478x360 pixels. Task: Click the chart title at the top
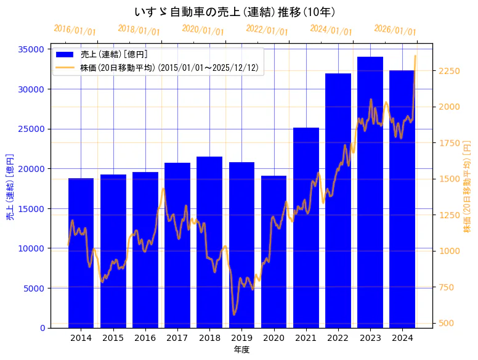coord(234,12)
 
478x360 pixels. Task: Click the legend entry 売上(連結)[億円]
coord(113,55)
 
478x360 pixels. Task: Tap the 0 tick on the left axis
coord(43,328)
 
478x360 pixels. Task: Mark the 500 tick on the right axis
coord(445,323)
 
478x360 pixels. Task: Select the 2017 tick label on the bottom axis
coord(177,338)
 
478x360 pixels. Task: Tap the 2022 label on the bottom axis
coord(338,338)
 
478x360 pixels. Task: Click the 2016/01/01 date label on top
coord(75,30)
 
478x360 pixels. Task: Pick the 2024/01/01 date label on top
coord(331,30)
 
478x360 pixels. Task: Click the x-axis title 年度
coord(241,350)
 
